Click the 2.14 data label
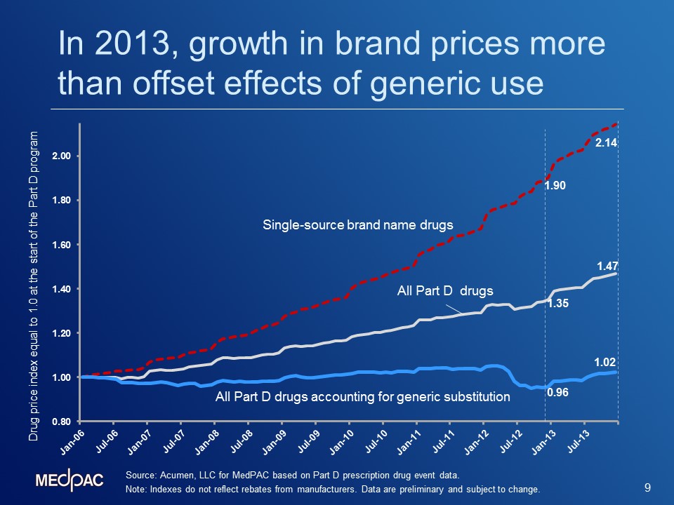point(606,142)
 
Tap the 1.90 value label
point(555,185)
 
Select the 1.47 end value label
point(607,267)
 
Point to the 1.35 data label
point(558,303)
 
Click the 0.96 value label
point(557,392)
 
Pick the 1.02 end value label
point(605,362)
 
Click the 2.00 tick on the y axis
point(62,156)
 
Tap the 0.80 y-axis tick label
point(62,422)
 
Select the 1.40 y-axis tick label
point(62,289)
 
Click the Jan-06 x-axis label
point(72,443)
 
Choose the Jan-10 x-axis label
point(342,443)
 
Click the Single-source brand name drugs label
point(357,225)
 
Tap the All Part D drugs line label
point(445,290)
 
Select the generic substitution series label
point(363,396)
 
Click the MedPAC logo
point(70,480)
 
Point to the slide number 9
point(648,487)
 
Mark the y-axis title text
point(34,286)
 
